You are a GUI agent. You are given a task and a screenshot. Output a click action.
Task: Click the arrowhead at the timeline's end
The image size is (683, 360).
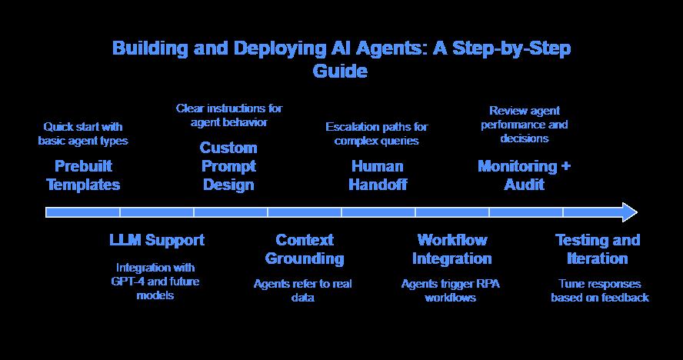pos(629,212)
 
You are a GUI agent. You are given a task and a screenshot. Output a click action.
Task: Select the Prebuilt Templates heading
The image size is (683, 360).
pos(83,175)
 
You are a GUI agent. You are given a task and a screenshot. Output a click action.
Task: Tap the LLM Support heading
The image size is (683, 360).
pos(157,240)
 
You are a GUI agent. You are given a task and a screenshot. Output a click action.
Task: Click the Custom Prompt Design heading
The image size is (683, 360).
pos(228,166)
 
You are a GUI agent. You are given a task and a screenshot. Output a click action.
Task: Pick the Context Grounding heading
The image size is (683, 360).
pos(305,249)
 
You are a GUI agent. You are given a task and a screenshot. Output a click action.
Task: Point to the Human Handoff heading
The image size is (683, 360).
pos(377,175)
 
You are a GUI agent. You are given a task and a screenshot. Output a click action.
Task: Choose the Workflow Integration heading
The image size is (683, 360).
pos(451,249)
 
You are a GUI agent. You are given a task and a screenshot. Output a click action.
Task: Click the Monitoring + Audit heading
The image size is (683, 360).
pos(524,175)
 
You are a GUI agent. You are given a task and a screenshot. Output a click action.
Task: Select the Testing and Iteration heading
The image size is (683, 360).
pos(598,249)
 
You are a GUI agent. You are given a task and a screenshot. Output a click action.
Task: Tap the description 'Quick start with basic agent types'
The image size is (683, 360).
pos(83,134)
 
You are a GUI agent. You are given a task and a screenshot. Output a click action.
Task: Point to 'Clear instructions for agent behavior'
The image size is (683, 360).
pos(228,115)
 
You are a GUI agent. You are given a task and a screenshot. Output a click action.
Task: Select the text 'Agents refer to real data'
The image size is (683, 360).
pos(303,291)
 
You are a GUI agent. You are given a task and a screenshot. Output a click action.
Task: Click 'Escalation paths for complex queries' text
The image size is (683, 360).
pos(377,134)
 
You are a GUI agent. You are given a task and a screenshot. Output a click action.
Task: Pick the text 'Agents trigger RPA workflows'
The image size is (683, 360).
pos(450,291)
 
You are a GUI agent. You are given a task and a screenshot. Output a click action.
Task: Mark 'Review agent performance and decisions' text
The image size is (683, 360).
pos(524,125)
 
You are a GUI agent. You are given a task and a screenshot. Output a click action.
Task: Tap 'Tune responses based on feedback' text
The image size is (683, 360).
pos(599,291)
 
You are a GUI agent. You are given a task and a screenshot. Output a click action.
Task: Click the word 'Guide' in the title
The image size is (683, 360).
pos(340,72)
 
